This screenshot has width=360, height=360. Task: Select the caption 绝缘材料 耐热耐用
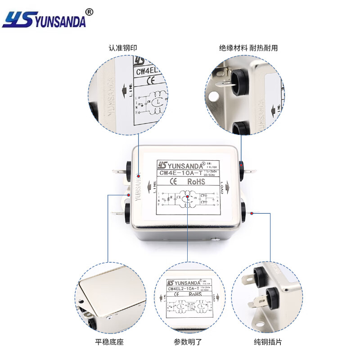tap(248, 47)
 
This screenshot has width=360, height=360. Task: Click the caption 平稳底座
tap(109, 342)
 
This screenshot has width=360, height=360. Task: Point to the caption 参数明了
tap(186, 342)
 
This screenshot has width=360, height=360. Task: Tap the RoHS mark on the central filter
tap(196, 182)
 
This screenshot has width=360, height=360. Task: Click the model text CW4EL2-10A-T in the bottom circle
tap(183, 289)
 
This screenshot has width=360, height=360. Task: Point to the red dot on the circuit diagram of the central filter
tap(187, 198)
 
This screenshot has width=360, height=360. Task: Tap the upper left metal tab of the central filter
tap(118, 171)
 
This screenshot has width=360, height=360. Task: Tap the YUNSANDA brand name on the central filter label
tap(181, 164)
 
